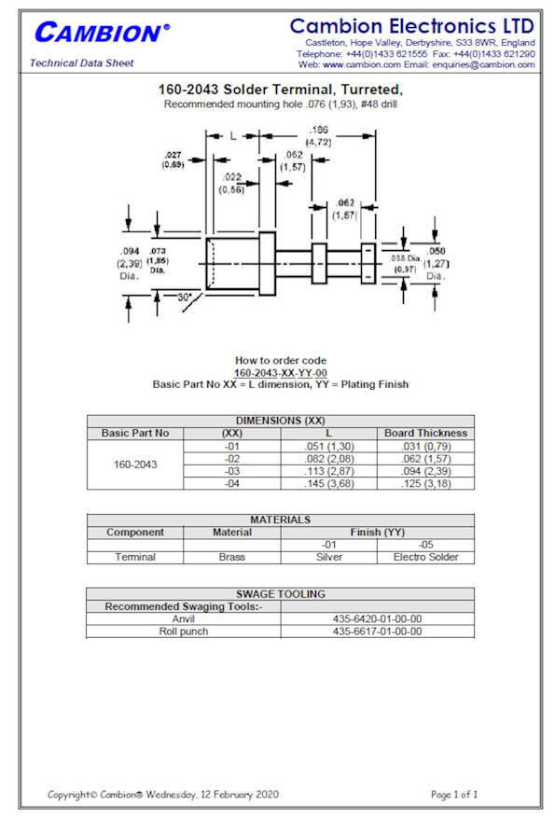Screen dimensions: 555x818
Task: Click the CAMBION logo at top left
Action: point(102,33)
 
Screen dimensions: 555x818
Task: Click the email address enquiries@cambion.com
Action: point(483,64)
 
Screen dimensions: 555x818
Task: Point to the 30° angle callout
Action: point(185,297)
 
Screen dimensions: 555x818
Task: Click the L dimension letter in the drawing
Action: point(233,135)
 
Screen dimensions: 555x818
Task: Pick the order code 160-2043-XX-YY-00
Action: point(280,373)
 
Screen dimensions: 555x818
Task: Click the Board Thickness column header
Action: point(425,433)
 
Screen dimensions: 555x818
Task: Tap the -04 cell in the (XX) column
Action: point(232,483)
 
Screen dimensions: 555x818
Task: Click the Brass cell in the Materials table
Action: point(232,557)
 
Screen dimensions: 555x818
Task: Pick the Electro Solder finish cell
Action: point(425,557)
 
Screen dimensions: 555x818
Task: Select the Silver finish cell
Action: point(329,557)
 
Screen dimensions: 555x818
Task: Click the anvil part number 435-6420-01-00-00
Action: point(377,618)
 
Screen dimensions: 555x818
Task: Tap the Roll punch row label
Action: point(184,631)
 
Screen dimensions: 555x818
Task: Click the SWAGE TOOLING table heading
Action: point(281,593)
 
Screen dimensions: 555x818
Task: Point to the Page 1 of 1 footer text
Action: point(454,795)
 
